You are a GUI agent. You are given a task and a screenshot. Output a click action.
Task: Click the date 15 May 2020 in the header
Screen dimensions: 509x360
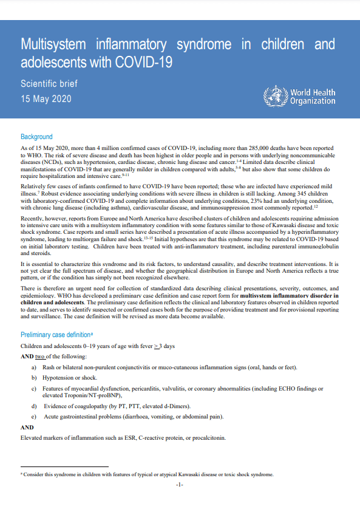[x=46, y=98]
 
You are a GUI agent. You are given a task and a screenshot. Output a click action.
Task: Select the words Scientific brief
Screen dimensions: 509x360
[x=49, y=84]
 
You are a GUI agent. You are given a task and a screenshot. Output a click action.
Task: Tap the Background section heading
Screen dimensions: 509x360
[x=36, y=137]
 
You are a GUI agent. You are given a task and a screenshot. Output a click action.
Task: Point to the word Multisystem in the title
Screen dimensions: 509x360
[x=56, y=44]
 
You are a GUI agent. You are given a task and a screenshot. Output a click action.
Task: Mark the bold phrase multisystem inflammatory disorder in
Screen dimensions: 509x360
[x=287, y=295]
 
